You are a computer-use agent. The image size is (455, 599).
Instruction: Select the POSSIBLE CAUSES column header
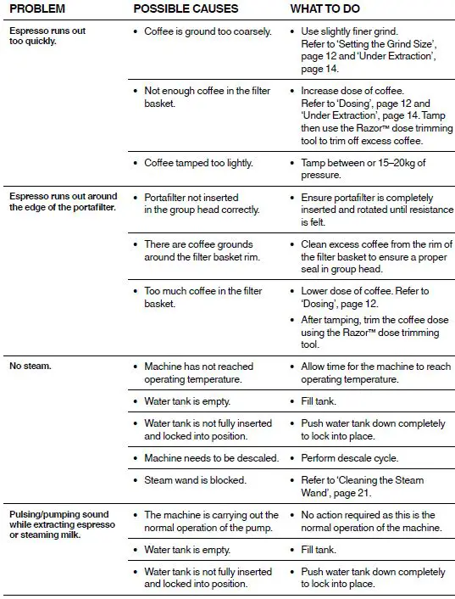(x=186, y=8)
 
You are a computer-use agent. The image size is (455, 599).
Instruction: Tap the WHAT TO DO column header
(x=331, y=8)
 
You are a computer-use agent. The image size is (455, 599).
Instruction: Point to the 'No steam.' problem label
(x=31, y=367)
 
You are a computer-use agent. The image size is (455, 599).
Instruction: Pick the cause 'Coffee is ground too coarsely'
(x=208, y=32)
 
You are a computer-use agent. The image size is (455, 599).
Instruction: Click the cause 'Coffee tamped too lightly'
(x=198, y=163)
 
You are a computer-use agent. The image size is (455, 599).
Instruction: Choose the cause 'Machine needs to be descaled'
(x=211, y=458)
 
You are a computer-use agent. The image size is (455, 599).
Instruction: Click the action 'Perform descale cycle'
(x=349, y=458)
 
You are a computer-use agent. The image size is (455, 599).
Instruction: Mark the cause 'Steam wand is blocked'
(x=195, y=480)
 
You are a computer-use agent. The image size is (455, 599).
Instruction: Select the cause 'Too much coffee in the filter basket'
(x=203, y=297)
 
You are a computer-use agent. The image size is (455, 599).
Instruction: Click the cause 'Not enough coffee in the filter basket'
(x=200, y=96)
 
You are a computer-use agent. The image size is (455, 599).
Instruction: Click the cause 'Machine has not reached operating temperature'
(x=198, y=372)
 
